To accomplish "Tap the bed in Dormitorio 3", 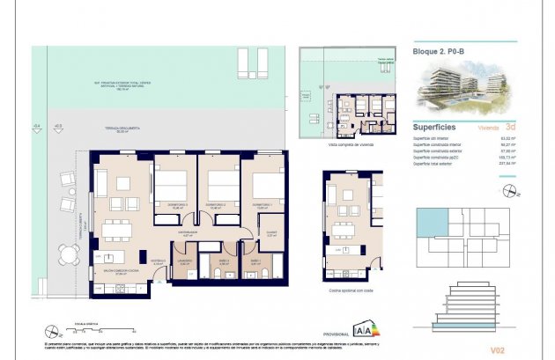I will (172, 187).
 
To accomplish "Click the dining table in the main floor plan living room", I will (115, 231).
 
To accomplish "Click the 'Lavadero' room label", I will (184, 261).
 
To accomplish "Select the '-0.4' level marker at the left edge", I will (36, 127).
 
